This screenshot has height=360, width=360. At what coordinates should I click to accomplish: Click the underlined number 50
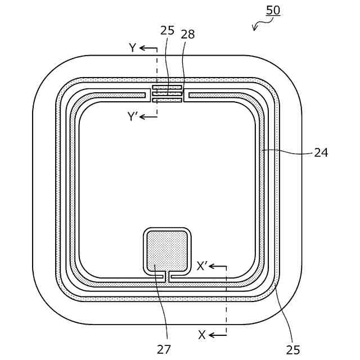(x=273, y=10)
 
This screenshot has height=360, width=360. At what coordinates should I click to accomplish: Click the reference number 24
(x=321, y=152)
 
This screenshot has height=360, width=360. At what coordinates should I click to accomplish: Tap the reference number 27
(x=164, y=349)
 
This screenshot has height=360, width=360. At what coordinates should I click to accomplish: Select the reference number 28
(x=188, y=34)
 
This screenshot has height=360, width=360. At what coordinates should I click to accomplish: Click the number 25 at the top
(x=168, y=30)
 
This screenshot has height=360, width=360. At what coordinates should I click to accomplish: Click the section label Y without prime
(x=133, y=48)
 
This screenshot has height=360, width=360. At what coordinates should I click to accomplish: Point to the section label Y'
(x=133, y=116)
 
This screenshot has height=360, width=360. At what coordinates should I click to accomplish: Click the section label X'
(x=202, y=266)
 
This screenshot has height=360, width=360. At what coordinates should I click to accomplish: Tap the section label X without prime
(x=202, y=335)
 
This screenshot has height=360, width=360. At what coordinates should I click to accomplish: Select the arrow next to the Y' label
(x=148, y=116)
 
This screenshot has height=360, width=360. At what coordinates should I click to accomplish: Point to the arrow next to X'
(x=218, y=266)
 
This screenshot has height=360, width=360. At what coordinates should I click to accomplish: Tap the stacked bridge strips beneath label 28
(x=168, y=93)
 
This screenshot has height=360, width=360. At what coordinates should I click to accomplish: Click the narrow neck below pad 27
(x=167, y=275)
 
